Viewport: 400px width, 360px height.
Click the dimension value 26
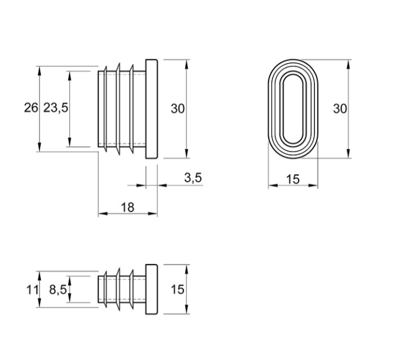[31, 108]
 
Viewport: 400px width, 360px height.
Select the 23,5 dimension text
[56, 108]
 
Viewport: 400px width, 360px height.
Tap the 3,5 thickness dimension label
[193, 178]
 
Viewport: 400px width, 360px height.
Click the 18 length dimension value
[128, 207]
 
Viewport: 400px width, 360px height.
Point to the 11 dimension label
[33, 290]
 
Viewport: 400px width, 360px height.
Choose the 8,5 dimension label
[58, 290]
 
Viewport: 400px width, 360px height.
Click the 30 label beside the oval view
[340, 109]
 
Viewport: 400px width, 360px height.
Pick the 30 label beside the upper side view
[178, 109]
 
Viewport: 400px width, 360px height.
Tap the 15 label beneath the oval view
[293, 179]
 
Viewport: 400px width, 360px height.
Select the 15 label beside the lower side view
[178, 290]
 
